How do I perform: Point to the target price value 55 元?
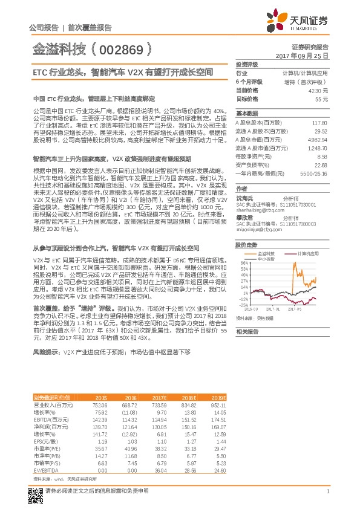pyautogui.click(x=322, y=98)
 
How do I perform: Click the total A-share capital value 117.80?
pyautogui.click(x=319, y=122)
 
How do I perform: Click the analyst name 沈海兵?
pyautogui.click(x=244, y=196)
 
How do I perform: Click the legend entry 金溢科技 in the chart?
pyautogui.click(x=266, y=253)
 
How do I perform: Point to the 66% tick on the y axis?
pyautogui.click(x=244, y=263)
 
